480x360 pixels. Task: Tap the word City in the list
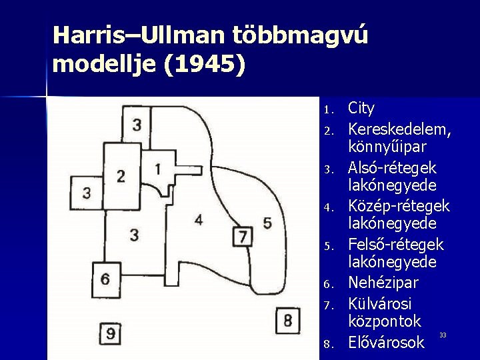(361, 108)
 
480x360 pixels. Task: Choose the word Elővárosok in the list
(386, 343)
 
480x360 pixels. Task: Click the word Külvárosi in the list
(380, 303)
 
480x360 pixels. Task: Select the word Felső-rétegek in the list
(396, 245)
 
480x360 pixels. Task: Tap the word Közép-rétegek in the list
(399, 205)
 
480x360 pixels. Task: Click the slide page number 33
(443, 334)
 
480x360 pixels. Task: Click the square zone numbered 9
(111, 333)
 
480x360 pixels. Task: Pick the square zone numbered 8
(287, 320)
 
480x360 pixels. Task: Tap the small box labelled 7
(243, 235)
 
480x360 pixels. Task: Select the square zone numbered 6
(105, 279)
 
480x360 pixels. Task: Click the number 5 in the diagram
(267, 223)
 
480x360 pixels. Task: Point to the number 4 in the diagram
(199, 219)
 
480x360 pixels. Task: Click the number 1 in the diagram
(157, 169)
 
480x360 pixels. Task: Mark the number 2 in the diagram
(121, 177)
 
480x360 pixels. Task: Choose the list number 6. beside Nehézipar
(327, 285)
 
